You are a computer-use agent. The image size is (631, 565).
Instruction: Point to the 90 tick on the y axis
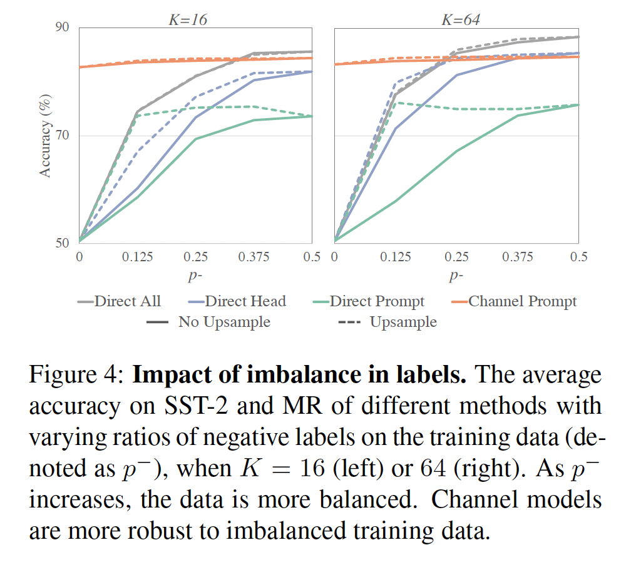pyautogui.click(x=63, y=28)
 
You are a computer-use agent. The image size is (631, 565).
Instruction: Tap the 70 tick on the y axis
pyautogui.click(x=63, y=136)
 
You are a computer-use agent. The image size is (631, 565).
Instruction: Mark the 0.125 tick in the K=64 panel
pyautogui.click(x=396, y=257)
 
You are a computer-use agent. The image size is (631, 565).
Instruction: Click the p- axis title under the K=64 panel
pyautogui.click(x=456, y=276)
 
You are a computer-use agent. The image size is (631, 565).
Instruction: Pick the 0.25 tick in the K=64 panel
pyautogui.click(x=457, y=257)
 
